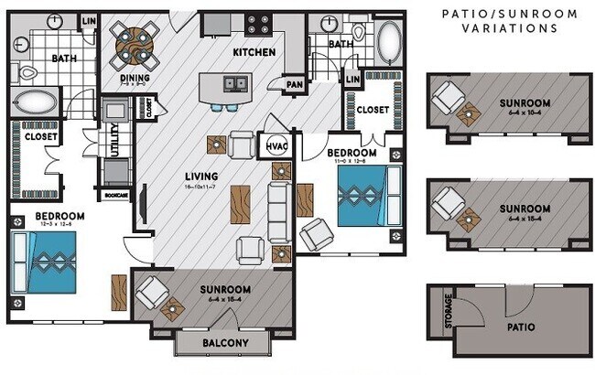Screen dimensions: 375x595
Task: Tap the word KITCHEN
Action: [254, 52]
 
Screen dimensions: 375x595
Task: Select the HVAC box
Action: [276, 145]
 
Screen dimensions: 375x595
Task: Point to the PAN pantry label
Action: [295, 84]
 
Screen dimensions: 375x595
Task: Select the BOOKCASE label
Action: [115, 195]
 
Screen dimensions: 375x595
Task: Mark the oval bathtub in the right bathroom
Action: [390, 40]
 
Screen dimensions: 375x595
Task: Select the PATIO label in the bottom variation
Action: [518, 327]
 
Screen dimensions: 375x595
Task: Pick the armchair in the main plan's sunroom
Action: [151, 294]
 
